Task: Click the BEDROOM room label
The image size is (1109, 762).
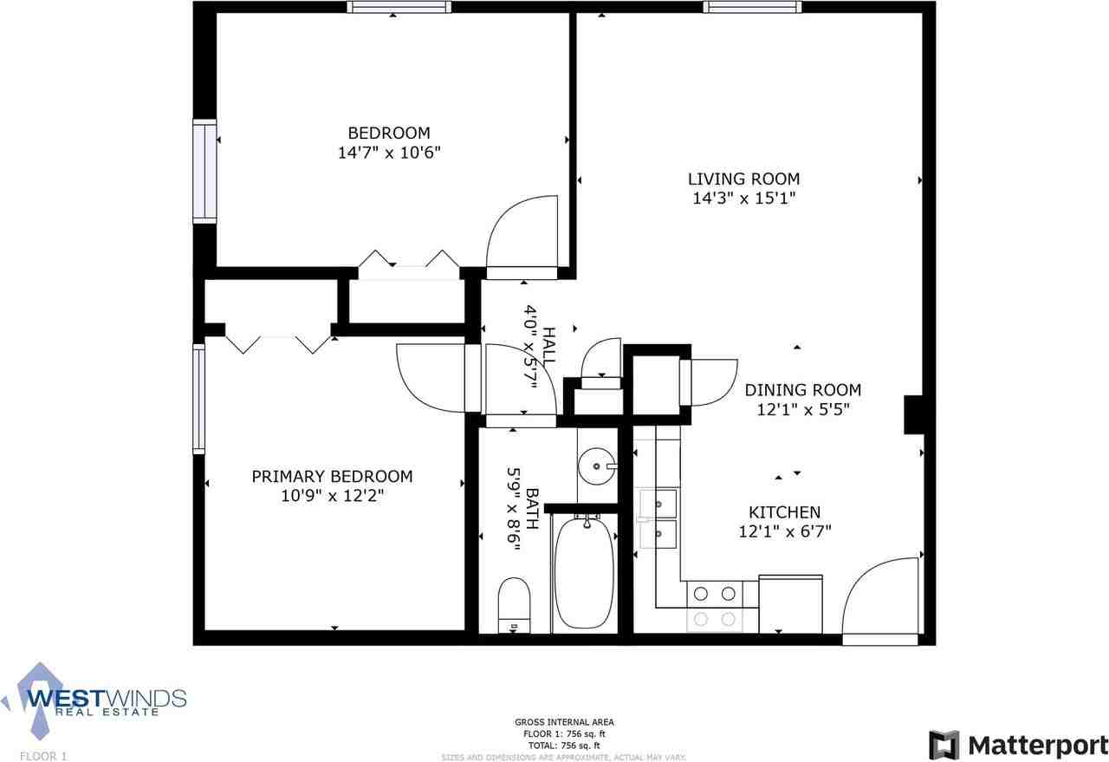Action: pos(388,134)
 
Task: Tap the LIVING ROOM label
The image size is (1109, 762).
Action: pos(743,179)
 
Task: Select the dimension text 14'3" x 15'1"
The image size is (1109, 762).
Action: pos(743,199)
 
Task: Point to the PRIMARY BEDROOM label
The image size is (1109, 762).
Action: pos(332,477)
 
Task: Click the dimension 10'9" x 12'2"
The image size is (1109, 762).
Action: pos(332,496)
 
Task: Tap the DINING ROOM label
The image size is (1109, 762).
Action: pos(802,390)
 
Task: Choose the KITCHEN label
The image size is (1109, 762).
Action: pos(784,512)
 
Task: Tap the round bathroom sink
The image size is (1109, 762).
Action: pos(598,467)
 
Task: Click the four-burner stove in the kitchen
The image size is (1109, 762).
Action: pos(716,606)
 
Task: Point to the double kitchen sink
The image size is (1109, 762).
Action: pos(658,518)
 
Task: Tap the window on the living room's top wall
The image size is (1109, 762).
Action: pos(752,8)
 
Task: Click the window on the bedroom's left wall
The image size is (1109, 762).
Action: pos(204,171)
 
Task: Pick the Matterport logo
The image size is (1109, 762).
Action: pos(1018,745)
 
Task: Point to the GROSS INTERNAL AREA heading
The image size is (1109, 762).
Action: pos(564,722)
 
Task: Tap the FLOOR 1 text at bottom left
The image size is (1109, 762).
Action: pos(43,756)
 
